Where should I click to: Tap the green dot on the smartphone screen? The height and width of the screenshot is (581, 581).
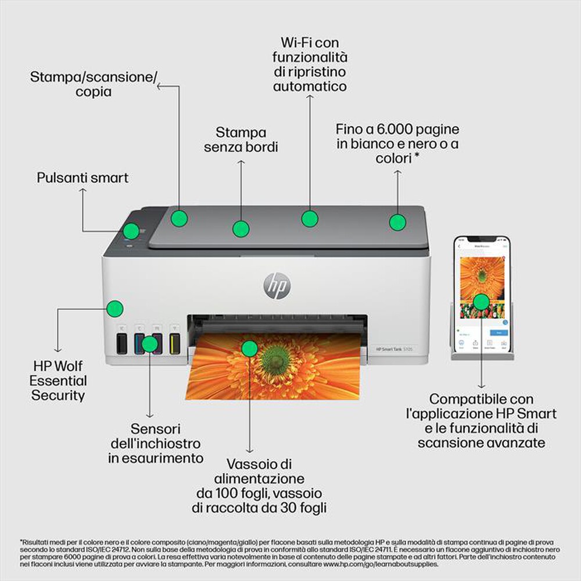pos(480,301)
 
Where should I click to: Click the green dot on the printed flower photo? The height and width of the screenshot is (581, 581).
pos(249,348)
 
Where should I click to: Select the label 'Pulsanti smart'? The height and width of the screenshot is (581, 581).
pos(83,178)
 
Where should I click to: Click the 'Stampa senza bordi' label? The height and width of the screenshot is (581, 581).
pos(241,140)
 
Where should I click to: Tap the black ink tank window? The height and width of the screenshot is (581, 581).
pos(121,344)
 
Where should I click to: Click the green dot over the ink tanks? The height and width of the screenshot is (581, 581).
pos(150,343)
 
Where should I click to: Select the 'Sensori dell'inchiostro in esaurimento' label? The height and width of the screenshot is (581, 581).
pos(156,443)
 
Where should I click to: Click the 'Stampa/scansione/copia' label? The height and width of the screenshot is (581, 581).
pos(93,84)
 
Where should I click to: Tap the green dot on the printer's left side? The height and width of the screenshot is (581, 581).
pos(115,308)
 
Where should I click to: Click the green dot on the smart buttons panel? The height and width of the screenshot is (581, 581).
pos(131,231)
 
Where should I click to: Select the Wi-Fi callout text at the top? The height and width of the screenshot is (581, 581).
pos(310,64)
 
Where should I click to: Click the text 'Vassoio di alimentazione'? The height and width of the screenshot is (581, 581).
pos(251,472)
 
